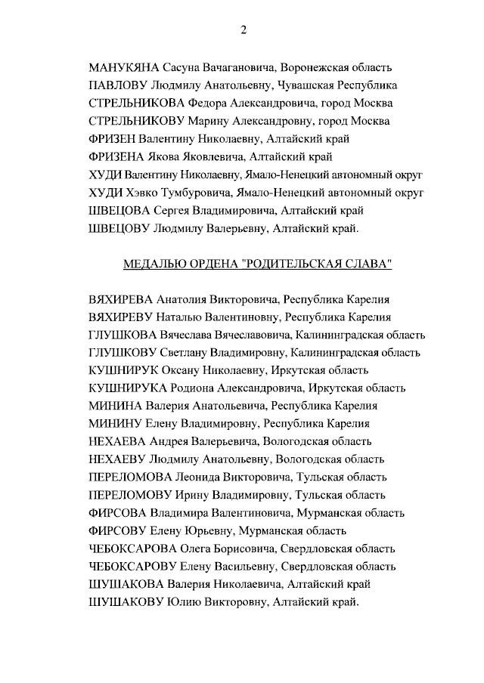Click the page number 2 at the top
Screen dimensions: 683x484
(x=243, y=30)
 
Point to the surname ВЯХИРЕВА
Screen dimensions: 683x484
(x=121, y=299)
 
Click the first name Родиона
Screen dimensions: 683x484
(x=194, y=388)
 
